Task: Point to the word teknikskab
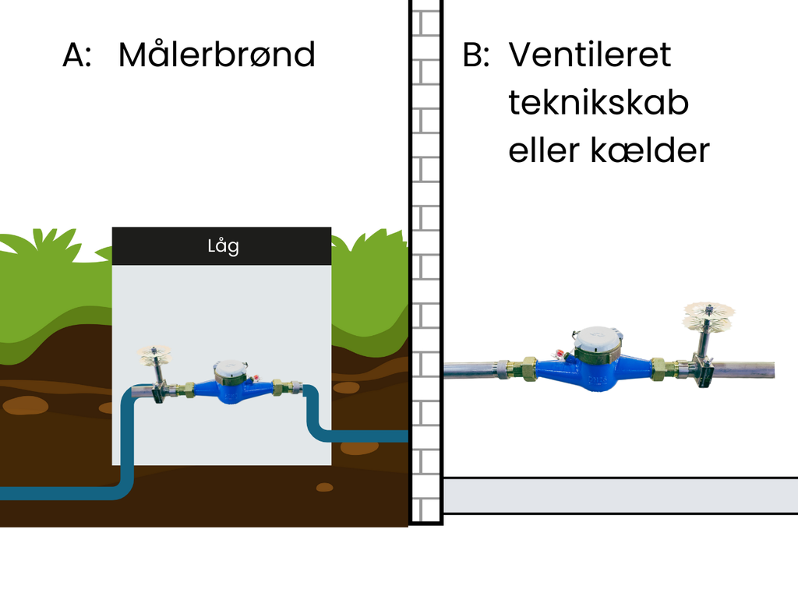[598, 103]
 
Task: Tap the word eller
[540, 150]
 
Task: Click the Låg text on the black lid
[223, 246]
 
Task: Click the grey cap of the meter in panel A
[230, 368]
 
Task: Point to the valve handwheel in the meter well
[154, 355]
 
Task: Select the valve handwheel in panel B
[708, 315]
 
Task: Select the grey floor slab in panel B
[620, 496]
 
